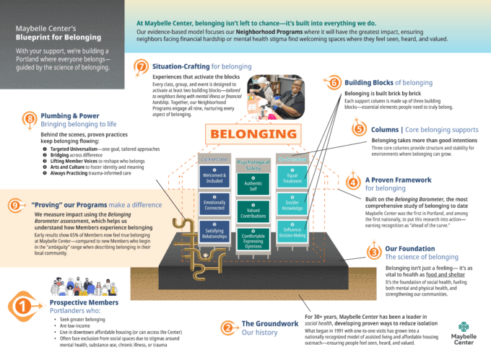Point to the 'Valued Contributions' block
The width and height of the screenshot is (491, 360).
tap(253, 211)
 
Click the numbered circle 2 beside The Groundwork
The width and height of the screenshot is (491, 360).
tap(228, 328)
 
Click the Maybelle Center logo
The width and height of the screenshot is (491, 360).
tap(462, 333)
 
